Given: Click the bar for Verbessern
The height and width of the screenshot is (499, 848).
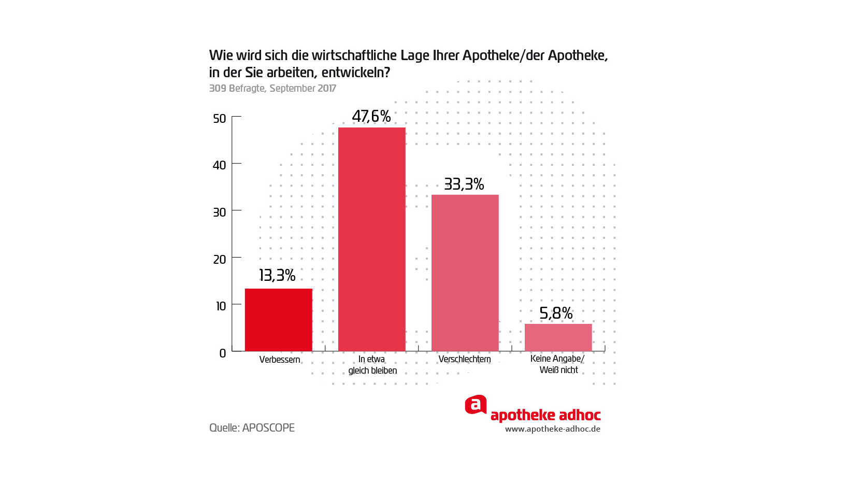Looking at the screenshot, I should (x=278, y=320).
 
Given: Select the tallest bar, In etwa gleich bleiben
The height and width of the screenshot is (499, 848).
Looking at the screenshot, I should (x=371, y=239).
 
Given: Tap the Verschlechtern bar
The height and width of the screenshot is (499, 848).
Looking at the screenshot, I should (x=465, y=273).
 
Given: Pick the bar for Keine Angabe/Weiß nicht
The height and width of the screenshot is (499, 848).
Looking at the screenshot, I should (x=558, y=337).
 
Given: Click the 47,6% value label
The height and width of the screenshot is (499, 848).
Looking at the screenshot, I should (x=371, y=116).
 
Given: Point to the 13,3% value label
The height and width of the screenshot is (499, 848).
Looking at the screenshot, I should (x=277, y=275).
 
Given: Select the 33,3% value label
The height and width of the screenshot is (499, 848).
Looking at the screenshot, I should (x=464, y=184).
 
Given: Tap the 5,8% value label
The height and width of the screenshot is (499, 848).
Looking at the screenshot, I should (x=556, y=313).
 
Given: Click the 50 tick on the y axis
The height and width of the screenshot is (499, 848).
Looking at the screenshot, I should (x=220, y=119).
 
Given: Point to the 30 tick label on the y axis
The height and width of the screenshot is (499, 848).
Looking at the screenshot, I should (x=220, y=212).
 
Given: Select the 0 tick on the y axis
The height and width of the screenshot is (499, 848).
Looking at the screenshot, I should (x=223, y=353).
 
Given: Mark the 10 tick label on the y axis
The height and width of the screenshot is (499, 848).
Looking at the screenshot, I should (x=221, y=306).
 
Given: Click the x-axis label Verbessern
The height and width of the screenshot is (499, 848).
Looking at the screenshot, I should (x=280, y=360).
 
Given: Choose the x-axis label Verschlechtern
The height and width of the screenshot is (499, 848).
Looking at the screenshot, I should (x=465, y=359).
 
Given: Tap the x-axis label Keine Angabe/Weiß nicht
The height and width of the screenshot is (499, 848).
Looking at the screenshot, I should (x=558, y=364).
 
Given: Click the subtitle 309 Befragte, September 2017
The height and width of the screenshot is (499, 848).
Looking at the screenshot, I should (x=272, y=89).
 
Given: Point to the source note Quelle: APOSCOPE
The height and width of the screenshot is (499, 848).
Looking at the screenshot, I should (x=252, y=428).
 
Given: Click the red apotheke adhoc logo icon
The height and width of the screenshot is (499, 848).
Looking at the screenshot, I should (x=476, y=405).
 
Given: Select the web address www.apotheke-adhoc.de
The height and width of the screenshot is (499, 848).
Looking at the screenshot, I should (x=553, y=429).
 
